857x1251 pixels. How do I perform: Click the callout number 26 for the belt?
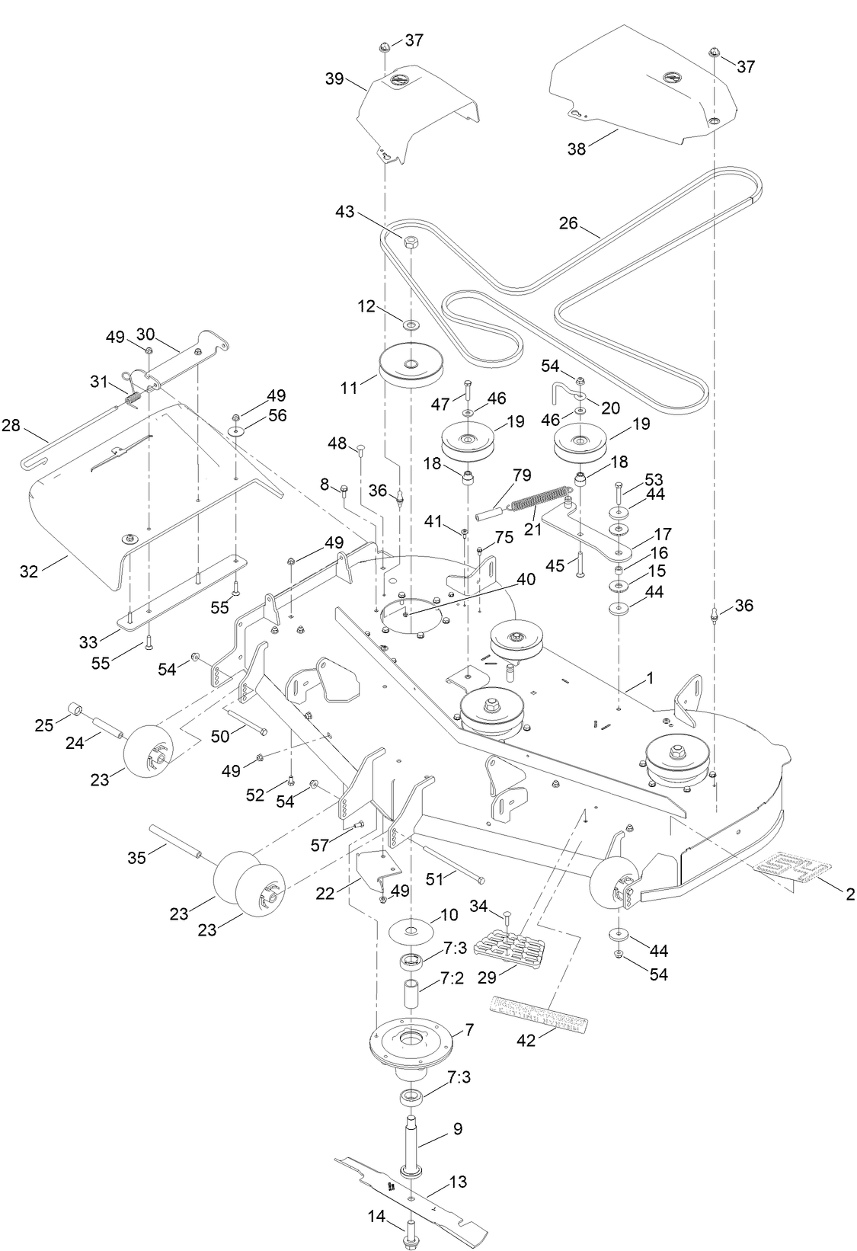click(568, 224)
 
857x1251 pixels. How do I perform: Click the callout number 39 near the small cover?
click(335, 79)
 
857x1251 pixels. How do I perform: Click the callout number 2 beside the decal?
click(850, 894)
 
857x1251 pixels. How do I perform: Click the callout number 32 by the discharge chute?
click(29, 571)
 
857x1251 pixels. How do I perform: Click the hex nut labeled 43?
click(411, 242)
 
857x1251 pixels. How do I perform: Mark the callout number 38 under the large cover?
click(577, 149)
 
